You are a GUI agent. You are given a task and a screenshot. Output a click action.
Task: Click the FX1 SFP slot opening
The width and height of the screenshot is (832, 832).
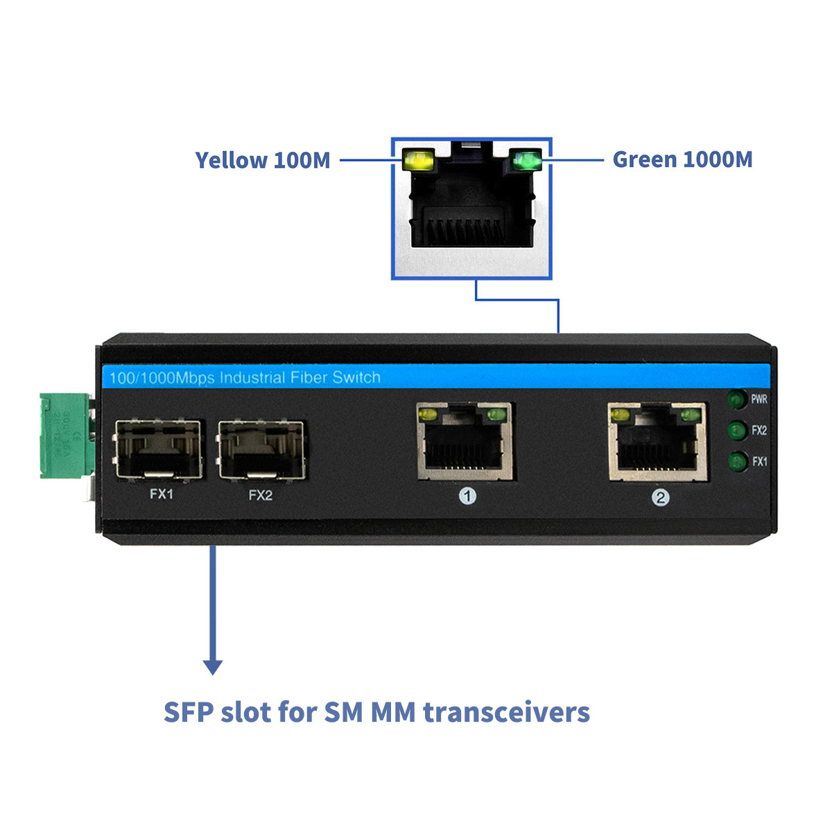tap(159, 449)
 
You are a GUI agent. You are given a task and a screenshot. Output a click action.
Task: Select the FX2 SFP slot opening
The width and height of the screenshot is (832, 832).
tap(261, 449)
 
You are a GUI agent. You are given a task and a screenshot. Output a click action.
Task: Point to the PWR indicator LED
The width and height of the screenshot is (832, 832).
tap(736, 400)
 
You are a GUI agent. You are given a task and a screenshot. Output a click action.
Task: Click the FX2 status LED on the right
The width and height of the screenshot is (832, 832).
tap(736, 431)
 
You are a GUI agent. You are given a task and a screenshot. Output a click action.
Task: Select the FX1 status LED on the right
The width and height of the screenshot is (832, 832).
tap(737, 462)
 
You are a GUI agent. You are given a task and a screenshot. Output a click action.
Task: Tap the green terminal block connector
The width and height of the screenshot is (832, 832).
tap(64, 436)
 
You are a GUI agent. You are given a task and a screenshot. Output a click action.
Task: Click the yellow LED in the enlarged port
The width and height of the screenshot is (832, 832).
tap(418, 161)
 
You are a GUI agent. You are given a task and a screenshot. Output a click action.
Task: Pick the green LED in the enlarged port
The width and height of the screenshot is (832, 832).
tap(525, 162)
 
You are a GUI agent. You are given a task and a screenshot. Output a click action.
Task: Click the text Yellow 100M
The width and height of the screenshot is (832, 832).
tap(263, 160)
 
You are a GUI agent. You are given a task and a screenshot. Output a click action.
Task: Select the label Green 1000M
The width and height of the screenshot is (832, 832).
tap(682, 159)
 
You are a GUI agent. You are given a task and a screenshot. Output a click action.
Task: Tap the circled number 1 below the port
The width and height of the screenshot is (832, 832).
tap(468, 496)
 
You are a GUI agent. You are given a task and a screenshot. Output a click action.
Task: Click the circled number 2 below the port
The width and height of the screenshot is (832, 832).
tap(661, 497)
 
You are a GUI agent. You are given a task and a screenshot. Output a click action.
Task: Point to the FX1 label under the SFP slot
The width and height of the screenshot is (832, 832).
tap(162, 494)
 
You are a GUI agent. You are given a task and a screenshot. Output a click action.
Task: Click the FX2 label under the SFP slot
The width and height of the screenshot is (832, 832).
tap(261, 495)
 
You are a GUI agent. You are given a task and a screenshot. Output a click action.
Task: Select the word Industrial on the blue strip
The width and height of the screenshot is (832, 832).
tap(252, 378)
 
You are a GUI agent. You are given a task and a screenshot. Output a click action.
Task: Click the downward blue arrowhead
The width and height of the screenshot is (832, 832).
tap(213, 667)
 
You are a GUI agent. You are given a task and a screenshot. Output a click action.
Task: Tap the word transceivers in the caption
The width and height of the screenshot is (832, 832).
tap(507, 712)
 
